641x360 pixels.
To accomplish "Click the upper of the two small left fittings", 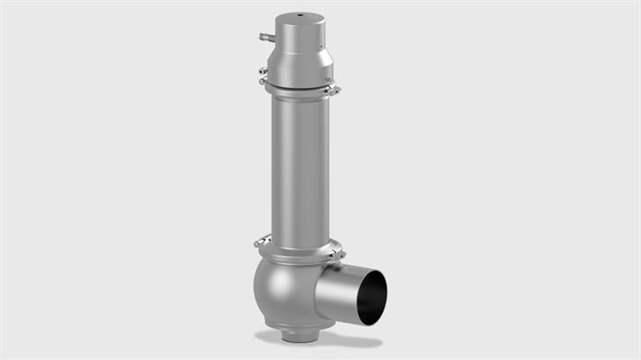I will click(263, 70).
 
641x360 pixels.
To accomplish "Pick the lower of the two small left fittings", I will click(263, 82).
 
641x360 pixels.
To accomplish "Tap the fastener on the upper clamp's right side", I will click(331, 88).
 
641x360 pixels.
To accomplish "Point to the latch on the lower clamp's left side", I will click(261, 241).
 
